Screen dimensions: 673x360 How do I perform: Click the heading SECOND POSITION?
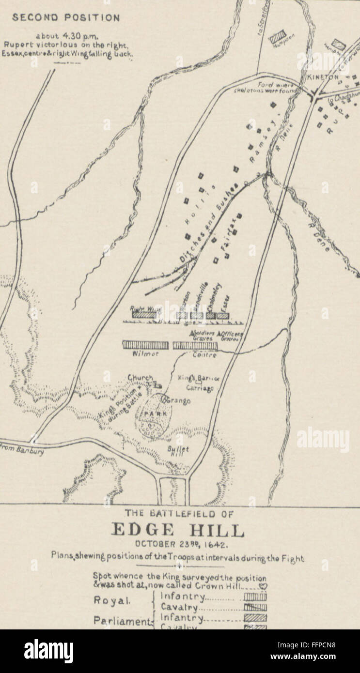pyautogui.click(x=66, y=18)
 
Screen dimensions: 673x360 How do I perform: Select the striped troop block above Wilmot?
pyautogui.click(x=145, y=345)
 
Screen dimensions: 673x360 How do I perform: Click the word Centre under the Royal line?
pyautogui.click(x=204, y=355)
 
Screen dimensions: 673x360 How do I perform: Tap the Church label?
pyautogui.click(x=140, y=378)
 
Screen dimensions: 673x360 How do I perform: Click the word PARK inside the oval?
pyautogui.click(x=155, y=414)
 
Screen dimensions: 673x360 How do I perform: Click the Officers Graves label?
pyautogui.click(x=230, y=336)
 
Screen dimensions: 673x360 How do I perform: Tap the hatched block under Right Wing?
pyautogui.click(x=143, y=315)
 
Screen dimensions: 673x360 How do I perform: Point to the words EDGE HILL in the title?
pyautogui.click(x=178, y=530)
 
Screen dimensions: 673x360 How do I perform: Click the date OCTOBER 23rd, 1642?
pyautogui.click(x=179, y=545)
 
